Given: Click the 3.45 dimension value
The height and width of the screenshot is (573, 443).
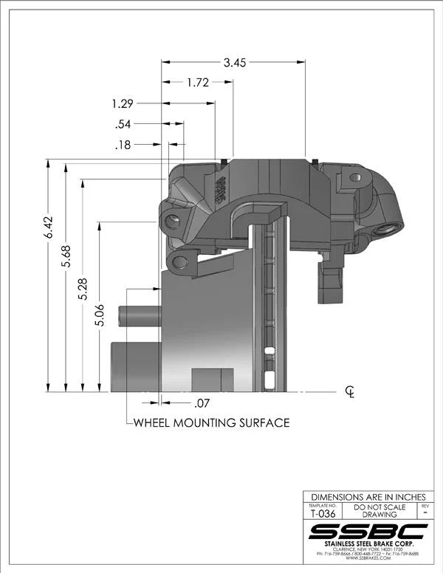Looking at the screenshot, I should click(x=235, y=63).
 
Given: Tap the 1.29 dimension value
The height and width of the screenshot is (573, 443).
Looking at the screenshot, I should click(x=123, y=103).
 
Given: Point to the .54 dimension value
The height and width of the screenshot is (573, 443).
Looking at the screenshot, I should click(x=124, y=124).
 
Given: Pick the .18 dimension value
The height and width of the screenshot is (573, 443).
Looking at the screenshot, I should click(x=123, y=145).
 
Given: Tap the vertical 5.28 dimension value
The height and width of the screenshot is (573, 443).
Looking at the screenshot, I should click(x=83, y=284).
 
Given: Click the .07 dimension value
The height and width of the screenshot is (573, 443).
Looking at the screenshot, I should click(x=202, y=403).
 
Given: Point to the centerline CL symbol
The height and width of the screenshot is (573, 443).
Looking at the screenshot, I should click(x=350, y=391).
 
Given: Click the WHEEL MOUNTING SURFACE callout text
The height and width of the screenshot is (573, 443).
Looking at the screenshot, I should click(x=210, y=423).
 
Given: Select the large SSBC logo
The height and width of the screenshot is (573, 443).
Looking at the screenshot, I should click(x=367, y=532).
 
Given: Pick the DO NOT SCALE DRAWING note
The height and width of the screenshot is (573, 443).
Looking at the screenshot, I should click(x=380, y=511).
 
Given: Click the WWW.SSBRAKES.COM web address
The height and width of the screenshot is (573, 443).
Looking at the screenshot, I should click(x=367, y=560).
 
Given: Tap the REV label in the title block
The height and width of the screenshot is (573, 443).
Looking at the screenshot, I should click(x=424, y=507).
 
